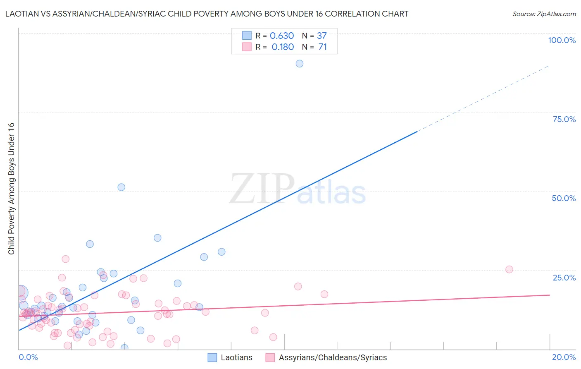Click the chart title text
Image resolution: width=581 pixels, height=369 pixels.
tap(207, 14)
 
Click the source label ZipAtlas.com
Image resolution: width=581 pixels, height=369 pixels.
tap(544, 14)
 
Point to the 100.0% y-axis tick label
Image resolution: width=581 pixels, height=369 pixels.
tap(562, 40)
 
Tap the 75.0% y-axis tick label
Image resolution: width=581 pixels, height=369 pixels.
tap(564, 119)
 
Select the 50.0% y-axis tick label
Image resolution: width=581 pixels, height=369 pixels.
tap(564, 198)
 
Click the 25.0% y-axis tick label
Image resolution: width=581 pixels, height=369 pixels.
tap(564, 278)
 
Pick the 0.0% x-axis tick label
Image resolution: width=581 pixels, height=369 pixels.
tap(28, 357)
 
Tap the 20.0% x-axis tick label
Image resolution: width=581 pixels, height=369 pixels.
tap(564, 357)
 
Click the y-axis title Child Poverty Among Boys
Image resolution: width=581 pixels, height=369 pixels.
tap(12, 189)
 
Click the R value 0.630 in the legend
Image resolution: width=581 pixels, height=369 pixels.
tap(282, 36)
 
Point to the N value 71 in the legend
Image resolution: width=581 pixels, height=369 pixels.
tap(322, 47)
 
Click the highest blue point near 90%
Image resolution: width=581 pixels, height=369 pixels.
tap(300, 64)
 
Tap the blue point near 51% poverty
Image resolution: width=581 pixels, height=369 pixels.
tap(121, 187)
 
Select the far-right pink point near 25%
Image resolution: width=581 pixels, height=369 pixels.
tap(509, 269)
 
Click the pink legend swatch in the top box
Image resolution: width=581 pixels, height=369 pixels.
tap(247, 47)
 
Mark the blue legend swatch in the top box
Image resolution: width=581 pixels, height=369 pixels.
tap(247, 36)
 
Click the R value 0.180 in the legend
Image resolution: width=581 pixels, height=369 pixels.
tap(283, 47)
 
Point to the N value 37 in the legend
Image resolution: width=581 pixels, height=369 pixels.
tap(322, 36)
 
